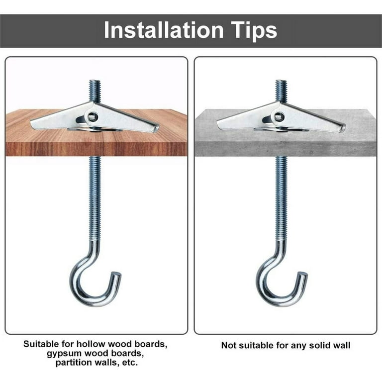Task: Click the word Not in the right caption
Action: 229,345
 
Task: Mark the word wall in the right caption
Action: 341,345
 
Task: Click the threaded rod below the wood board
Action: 95,199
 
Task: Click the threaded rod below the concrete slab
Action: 281,199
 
